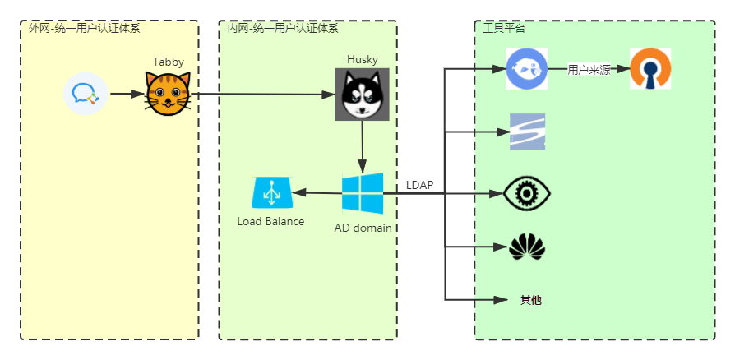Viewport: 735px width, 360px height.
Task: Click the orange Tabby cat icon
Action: click(x=169, y=94)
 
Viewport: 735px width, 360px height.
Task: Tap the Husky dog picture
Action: click(x=362, y=95)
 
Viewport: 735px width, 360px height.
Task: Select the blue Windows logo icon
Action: click(x=363, y=193)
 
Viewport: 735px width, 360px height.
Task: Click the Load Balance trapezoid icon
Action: click(x=270, y=193)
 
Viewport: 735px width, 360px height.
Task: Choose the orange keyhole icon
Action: click(x=650, y=68)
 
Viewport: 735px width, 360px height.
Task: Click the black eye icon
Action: click(x=526, y=194)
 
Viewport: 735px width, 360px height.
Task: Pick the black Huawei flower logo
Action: click(x=527, y=247)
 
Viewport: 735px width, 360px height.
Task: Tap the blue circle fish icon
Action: click(x=526, y=68)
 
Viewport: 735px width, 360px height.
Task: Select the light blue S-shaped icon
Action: click(x=527, y=132)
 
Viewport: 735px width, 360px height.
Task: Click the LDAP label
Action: click(x=419, y=185)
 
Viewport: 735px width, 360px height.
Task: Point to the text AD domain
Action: click(x=363, y=228)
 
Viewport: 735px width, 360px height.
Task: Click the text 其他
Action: click(x=531, y=300)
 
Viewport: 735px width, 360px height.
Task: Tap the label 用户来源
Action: click(x=589, y=70)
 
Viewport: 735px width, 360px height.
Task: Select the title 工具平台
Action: click(x=504, y=28)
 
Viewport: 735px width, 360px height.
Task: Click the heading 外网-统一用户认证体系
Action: click(x=84, y=28)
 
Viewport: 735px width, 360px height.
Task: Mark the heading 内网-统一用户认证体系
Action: click(x=283, y=28)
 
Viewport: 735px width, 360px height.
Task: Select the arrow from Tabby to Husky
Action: click(x=263, y=95)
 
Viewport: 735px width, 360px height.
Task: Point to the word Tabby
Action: click(x=169, y=62)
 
